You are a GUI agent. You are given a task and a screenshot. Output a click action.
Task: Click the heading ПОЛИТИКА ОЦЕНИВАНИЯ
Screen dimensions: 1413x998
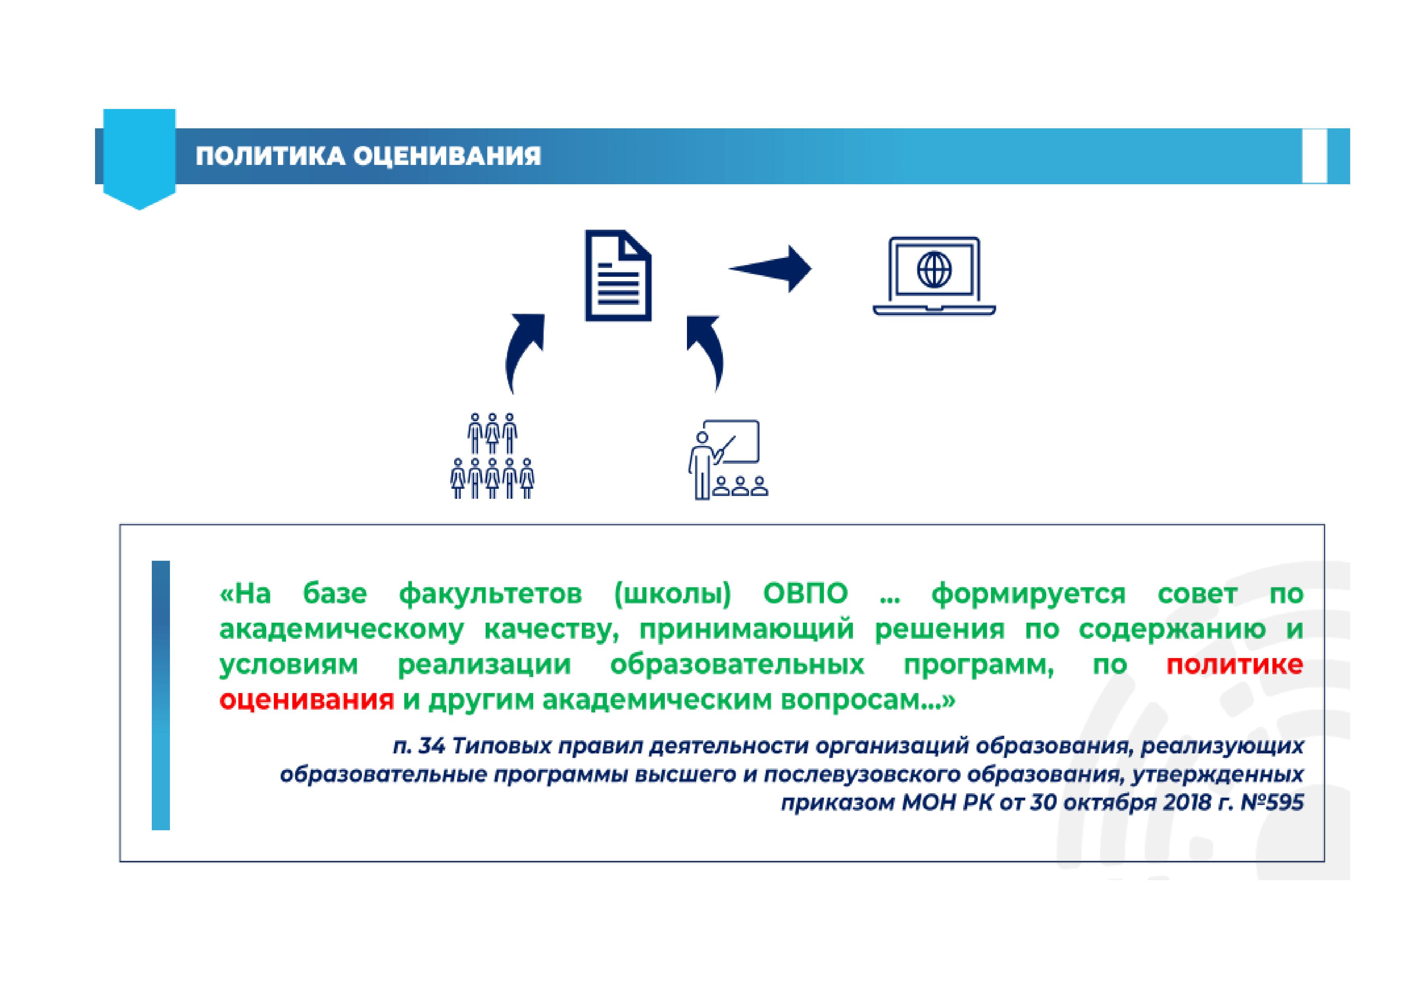coord(368,156)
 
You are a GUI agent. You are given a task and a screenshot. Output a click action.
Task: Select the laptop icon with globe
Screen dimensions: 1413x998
coord(934,276)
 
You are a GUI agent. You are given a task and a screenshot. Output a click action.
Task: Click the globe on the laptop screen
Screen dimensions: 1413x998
coord(934,270)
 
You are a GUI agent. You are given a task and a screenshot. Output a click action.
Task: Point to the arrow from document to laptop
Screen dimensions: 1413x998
coord(770,269)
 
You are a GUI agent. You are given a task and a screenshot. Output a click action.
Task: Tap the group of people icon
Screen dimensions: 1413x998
coord(492,456)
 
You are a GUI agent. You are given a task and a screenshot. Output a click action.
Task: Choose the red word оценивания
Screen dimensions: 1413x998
coord(306,700)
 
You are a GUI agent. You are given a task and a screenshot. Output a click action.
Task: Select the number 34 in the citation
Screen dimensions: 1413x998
coord(431,746)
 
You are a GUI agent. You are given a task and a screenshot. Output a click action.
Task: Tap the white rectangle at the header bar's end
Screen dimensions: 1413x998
coord(1314,156)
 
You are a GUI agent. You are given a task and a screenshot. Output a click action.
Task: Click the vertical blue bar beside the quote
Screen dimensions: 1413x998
coord(161,696)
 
